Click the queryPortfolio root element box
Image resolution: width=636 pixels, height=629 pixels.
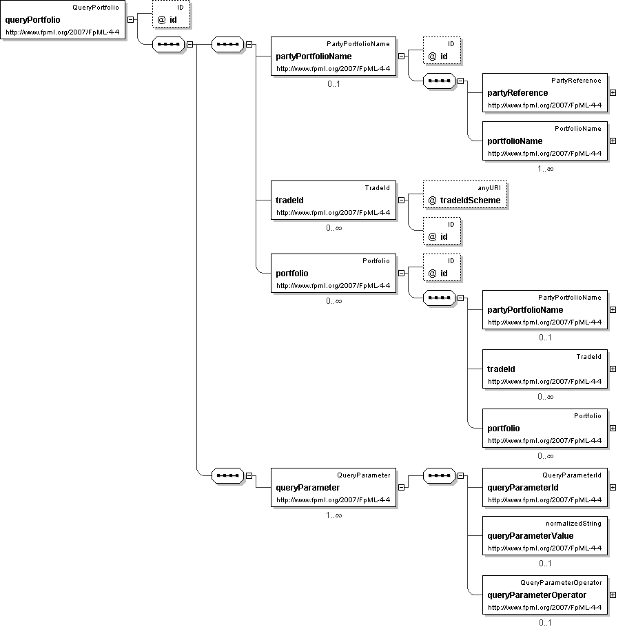click(63, 19)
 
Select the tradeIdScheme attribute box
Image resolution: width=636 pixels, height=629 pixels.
click(465, 195)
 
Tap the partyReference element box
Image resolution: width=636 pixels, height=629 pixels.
click(545, 92)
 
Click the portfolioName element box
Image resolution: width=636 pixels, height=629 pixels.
click(545, 141)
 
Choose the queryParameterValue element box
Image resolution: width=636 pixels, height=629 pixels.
click(545, 535)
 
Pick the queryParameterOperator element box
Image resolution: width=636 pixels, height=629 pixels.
click(545, 595)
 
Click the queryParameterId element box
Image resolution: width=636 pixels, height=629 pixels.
click(545, 487)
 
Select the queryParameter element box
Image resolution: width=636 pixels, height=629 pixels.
click(334, 487)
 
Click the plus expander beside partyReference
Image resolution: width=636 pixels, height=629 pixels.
click(613, 92)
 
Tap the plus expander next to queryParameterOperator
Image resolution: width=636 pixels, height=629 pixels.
click(613, 595)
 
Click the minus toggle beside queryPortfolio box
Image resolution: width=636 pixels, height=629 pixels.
click(131, 19)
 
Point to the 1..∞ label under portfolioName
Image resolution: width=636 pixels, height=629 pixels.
click(545, 169)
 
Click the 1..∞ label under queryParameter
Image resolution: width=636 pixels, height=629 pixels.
click(334, 515)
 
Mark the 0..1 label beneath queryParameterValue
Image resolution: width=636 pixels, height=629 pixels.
click(545, 564)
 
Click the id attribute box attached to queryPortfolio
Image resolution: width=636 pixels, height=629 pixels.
click(171, 14)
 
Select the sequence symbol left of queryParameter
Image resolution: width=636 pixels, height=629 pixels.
click(228, 475)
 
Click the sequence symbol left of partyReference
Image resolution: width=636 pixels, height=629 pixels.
click(440, 81)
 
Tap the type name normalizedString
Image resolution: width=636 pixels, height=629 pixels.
click(573, 523)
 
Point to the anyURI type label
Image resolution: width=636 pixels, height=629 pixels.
click(489, 188)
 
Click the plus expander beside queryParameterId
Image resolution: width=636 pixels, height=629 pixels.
click(613, 488)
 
